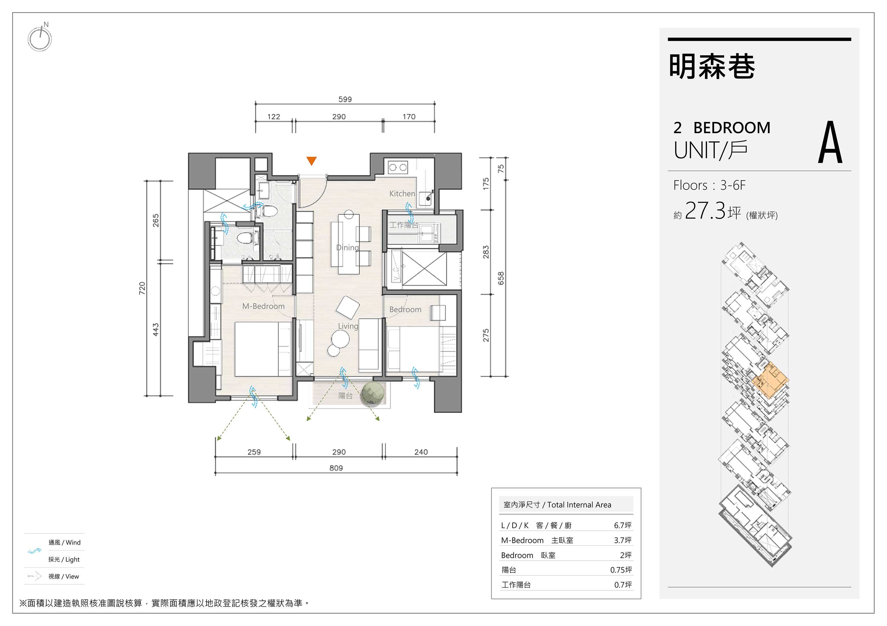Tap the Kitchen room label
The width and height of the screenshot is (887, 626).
(x=402, y=193)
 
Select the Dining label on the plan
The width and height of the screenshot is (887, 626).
(x=347, y=248)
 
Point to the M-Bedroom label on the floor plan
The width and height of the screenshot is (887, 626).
(x=264, y=306)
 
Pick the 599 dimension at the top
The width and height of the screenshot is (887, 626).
(x=345, y=99)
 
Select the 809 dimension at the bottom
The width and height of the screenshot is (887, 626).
(x=336, y=468)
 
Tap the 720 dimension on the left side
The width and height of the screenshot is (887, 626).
(x=142, y=288)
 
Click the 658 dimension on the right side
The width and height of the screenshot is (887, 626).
(x=501, y=278)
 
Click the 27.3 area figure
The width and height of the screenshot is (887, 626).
(x=705, y=211)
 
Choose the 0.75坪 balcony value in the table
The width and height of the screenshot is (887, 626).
(x=621, y=570)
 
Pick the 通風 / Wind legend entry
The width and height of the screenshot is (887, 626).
(x=65, y=543)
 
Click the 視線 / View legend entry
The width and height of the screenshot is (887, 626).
(x=64, y=577)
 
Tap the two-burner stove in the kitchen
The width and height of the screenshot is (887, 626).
(x=398, y=167)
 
